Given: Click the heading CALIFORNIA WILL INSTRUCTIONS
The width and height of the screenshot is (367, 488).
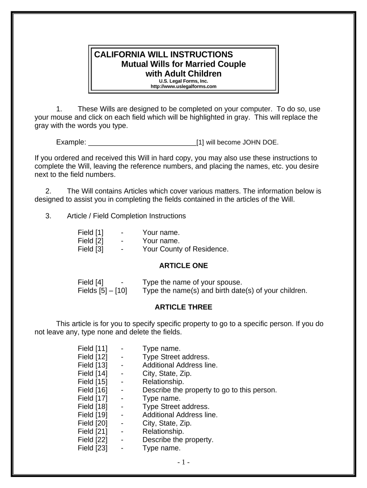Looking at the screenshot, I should (163, 54).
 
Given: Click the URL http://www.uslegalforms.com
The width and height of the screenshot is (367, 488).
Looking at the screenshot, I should (183, 86).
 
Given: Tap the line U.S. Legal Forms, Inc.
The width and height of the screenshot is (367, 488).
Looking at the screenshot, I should (183, 81).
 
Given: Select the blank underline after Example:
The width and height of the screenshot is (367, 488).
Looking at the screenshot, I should (143, 142).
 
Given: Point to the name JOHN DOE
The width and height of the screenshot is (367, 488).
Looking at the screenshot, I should (260, 142).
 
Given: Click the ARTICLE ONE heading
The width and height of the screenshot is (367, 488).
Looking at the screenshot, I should (183, 265).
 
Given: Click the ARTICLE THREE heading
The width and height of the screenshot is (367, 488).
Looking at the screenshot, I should (183, 307).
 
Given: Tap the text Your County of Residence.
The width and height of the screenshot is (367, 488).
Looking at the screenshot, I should (185, 249).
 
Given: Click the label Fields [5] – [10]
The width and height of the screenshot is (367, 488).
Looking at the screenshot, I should (102, 290).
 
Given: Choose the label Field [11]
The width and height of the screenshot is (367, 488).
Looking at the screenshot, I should (92, 348).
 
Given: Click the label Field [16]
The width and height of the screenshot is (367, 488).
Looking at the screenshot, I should (92, 390).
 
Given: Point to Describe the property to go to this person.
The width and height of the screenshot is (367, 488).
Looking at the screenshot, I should (209, 390).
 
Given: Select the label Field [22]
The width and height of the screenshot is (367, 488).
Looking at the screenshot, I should (92, 439).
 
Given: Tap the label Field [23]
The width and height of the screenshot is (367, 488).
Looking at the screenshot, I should (92, 448).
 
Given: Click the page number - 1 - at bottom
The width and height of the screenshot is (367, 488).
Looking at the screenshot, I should (183, 462).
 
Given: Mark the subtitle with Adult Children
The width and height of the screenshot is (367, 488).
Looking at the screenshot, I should (183, 73).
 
